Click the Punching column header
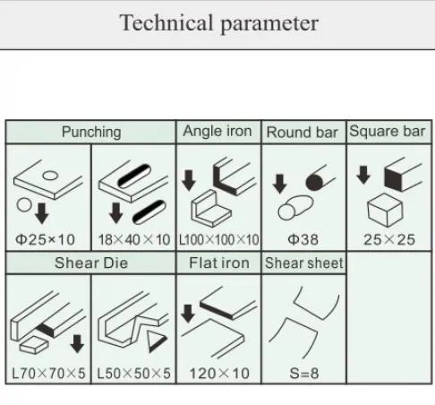click(x=91, y=132)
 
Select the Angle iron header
click(x=217, y=131)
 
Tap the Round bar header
click(x=302, y=133)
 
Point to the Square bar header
click(x=388, y=131)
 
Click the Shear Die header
click(x=91, y=263)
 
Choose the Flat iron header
click(x=219, y=263)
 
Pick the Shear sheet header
click(x=304, y=263)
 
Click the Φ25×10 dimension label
click(x=45, y=239)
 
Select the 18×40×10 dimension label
click(x=134, y=239)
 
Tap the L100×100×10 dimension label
click(x=218, y=239)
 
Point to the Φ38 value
click(x=303, y=239)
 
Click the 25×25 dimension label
click(x=389, y=239)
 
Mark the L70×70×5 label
click(x=48, y=374)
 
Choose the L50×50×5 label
click(x=134, y=374)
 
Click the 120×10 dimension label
click(x=219, y=374)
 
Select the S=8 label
click(x=304, y=374)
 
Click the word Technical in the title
click(x=166, y=23)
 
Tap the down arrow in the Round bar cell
click(x=279, y=184)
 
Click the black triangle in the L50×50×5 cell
click(x=156, y=341)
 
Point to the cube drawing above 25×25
click(x=385, y=210)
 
